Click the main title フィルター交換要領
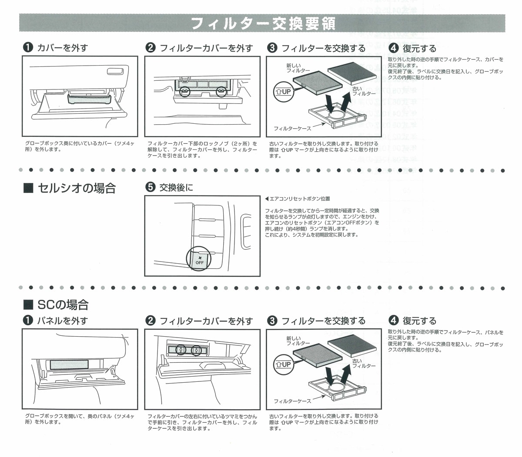click(263, 23)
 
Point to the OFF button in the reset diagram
click(199, 260)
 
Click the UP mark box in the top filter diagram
click(283, 92)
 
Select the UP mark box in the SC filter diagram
click(283, 364)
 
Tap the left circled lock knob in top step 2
click(184, 91)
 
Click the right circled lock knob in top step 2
click(221, 91)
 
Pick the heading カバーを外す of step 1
click(62, 48)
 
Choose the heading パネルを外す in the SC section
click(62, 321)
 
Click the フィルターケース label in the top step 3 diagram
click(292, 129)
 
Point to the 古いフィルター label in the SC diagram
click(363, 364)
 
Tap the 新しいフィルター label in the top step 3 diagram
click(298, 68)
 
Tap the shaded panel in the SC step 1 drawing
click(70, 364)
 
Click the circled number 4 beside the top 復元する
click(393, 48)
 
